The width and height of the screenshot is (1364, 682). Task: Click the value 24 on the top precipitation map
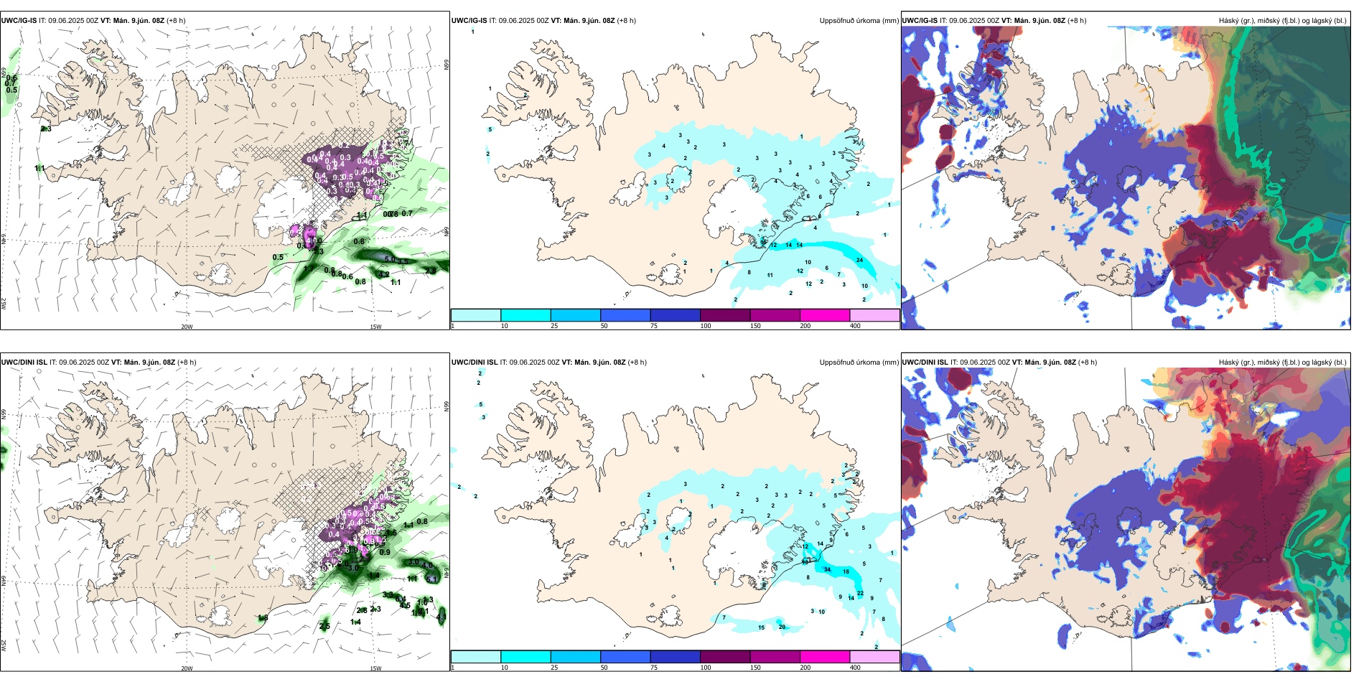(x=859, y=261)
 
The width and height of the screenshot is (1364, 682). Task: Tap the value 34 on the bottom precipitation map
(x=828, y=570)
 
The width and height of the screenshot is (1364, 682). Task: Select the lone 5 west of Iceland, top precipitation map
(x=490, y=130)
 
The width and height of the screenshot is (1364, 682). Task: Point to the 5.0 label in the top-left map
(x=390, y=259)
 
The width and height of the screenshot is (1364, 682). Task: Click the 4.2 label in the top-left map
(x=384, y=275)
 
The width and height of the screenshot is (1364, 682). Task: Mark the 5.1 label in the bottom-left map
(x=431, y=579)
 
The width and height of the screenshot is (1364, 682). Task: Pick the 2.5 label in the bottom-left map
(x=324, y=627)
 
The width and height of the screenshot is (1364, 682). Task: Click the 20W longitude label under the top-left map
(x=187, y=327)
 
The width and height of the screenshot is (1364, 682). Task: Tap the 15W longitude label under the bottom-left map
(x=375, y=668)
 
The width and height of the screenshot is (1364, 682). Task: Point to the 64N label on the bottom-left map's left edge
(x=4, y=579)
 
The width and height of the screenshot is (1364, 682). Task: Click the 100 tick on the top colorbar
(x=706, y=326)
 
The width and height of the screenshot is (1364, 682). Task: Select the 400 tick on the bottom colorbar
(x=855, y=668)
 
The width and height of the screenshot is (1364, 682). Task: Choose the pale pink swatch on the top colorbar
(x=874, y=315)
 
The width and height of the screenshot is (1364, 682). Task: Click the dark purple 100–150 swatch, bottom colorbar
(x=725, y=657)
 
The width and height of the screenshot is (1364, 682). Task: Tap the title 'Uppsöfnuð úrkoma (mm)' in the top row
(x=859, y=21)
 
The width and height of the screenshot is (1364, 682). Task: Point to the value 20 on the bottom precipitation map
(x=782, y=627)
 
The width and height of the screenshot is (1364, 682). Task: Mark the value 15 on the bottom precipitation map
(x=762, y=628)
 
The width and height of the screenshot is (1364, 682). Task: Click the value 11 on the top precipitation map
(x=770, y=276)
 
